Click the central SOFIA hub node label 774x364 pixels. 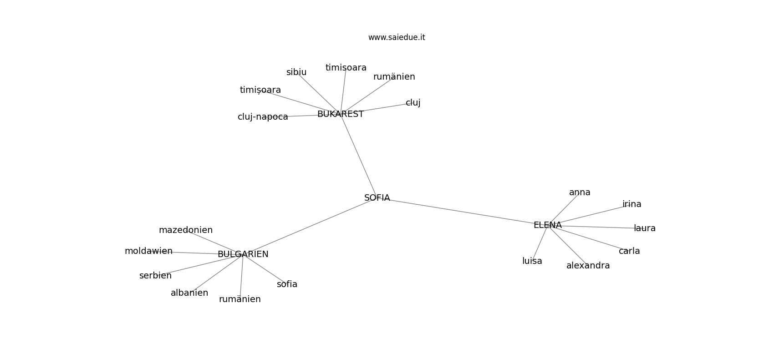[x=377, y=198]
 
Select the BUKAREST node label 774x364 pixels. [x=341, y=114]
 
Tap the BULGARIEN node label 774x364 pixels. [x=243, y=254]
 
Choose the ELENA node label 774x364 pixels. [x=548, y=225]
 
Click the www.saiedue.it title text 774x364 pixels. [x=397, y=37]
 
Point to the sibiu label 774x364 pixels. [x=296, y=72]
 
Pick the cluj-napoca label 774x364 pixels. [x=263, y=117]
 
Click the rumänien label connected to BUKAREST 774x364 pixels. [x=394, y=77]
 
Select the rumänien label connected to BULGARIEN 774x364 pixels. [x=240, y=299]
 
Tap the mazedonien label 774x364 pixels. [x=186, y=230]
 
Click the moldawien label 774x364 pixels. [x=148, y=251]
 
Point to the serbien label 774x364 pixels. [x=156, y=276]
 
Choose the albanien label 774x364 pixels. [x=189, y=293]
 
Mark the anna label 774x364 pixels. [x=580, y=192]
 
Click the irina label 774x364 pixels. [x=632, y=204]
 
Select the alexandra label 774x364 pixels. [x=588, y=266]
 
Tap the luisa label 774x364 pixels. [x=532, y=261]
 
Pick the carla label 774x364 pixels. [x=629, y=251]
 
